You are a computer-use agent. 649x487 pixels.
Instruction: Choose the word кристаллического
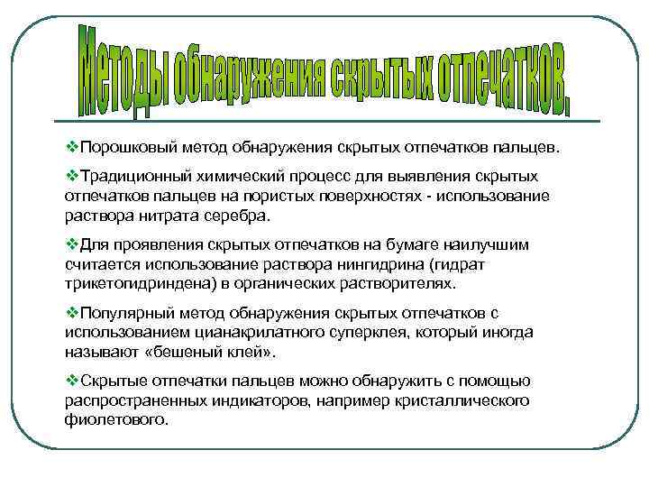click(x=459, y=401)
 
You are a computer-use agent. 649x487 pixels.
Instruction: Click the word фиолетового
click(x=116, y=421)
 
